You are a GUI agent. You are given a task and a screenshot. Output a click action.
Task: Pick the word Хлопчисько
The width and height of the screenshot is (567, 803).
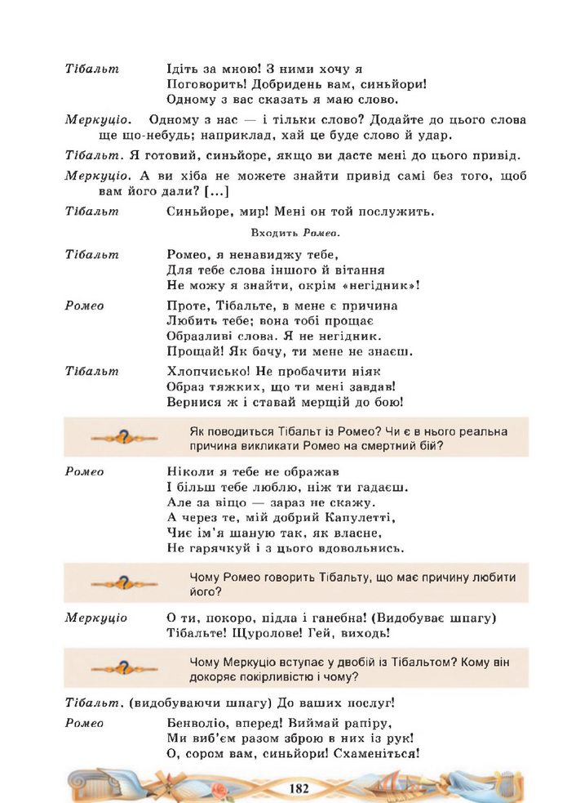tap(205, 371)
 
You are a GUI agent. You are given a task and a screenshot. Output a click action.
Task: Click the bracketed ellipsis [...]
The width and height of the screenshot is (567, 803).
tap(215, 191)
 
